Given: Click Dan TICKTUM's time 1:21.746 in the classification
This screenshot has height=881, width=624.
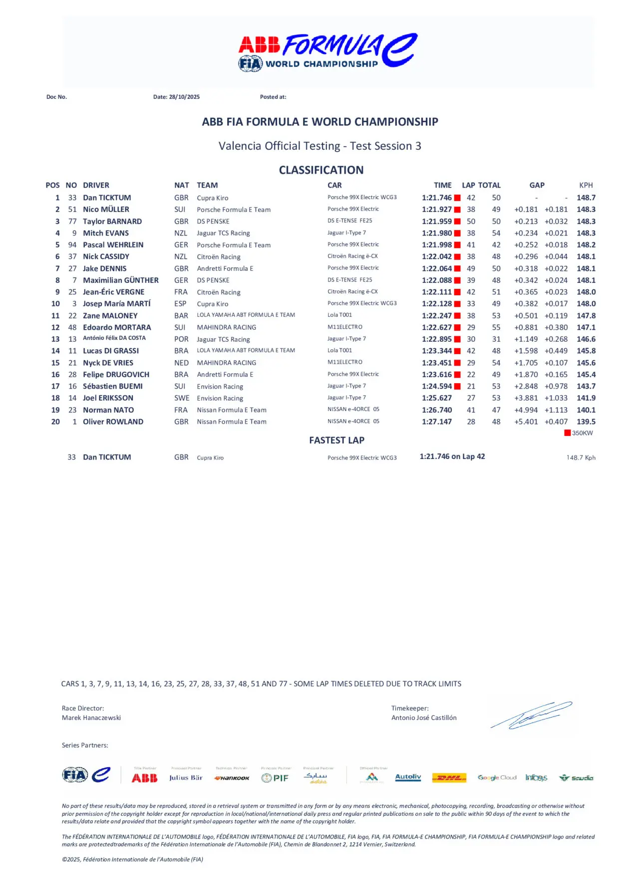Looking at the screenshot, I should pyautogui.click(x=436, y=198).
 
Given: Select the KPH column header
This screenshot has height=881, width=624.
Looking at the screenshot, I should pyautogui.click(x=586, y=185).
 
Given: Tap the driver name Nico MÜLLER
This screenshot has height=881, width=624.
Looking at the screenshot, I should pyautogui.click(x=106, y=210).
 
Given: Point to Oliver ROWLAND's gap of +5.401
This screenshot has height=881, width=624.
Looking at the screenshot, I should pyautogui.click(x=526, y=422).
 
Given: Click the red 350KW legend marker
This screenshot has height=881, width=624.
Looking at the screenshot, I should pyautogui.click(x=567, y=433).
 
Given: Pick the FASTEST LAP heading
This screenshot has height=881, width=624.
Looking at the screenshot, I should pyautogui.click(x=336, y=440).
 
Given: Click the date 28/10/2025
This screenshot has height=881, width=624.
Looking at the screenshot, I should pyautogui.click(x=184, y=97).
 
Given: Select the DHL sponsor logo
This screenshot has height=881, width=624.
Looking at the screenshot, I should pyautogui.click(x=449, y=777).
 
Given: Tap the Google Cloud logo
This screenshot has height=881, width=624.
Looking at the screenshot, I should pyautogui.click(x=497, y=777).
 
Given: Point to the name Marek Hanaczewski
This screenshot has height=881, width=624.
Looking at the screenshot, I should pyautogui.click(x=91, y=717).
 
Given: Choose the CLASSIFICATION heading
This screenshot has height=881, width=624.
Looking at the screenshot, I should pyautogui.click(x=321, y=170).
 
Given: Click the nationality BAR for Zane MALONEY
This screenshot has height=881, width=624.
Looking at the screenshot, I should pyautogui.click(x=181, y=316).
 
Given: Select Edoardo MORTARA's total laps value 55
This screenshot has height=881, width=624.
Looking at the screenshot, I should pyautogui.click(x=496, y=327).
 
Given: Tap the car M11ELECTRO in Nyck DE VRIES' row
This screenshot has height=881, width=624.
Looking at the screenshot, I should pyautogui.click(x=344, y=362).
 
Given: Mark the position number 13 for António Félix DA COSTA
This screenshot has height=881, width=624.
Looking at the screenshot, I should pyautogui.click(x=55, y=339).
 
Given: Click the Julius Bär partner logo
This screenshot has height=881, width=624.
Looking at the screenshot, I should pyautogui.click(x=186, y=777).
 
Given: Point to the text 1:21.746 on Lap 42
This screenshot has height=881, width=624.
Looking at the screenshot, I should pyautogui.click(x=452, y=456).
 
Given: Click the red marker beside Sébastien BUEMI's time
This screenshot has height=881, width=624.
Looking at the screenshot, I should pyautogui.click(x=457, y=386).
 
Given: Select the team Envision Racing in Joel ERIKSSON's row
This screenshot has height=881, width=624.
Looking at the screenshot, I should pyautogui.click(x=220, y=398).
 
